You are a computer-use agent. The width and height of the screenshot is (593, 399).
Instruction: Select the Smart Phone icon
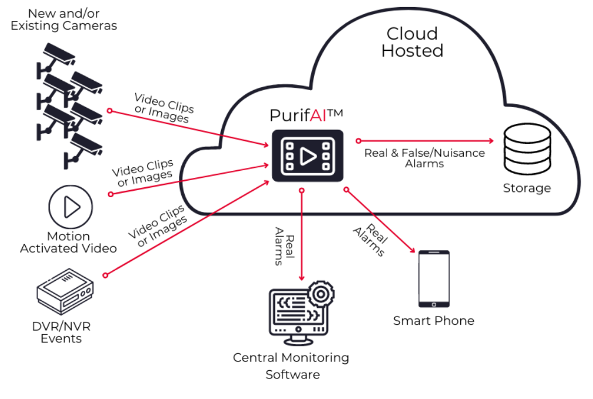(x=433, y=279)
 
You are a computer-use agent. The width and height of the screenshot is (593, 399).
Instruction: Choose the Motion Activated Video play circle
(x=70, y=207)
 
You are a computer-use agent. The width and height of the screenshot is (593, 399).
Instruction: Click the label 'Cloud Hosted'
(x=412, y=42)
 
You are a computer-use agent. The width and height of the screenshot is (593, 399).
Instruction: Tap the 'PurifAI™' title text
(x=305, y=115)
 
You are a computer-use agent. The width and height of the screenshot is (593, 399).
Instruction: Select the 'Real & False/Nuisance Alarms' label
(x=425, y=158)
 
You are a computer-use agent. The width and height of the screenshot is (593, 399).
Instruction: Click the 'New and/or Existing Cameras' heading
(x=64, y=19)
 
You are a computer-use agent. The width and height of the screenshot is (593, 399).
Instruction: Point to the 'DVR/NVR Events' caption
(x=61, y=332)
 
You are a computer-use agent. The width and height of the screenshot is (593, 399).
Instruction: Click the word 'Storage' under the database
(x=526, y=188)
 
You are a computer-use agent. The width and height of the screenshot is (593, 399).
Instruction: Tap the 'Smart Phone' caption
(x=433, y=321)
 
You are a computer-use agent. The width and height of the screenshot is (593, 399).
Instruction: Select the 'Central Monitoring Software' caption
(x=291, y=366)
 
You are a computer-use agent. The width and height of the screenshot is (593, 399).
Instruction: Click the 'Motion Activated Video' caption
(x=68, y=242)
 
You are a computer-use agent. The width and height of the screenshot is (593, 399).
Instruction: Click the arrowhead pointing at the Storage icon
(x=491, y=141)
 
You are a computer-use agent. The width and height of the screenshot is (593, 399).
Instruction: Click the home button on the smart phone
(x=433, y=304)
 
